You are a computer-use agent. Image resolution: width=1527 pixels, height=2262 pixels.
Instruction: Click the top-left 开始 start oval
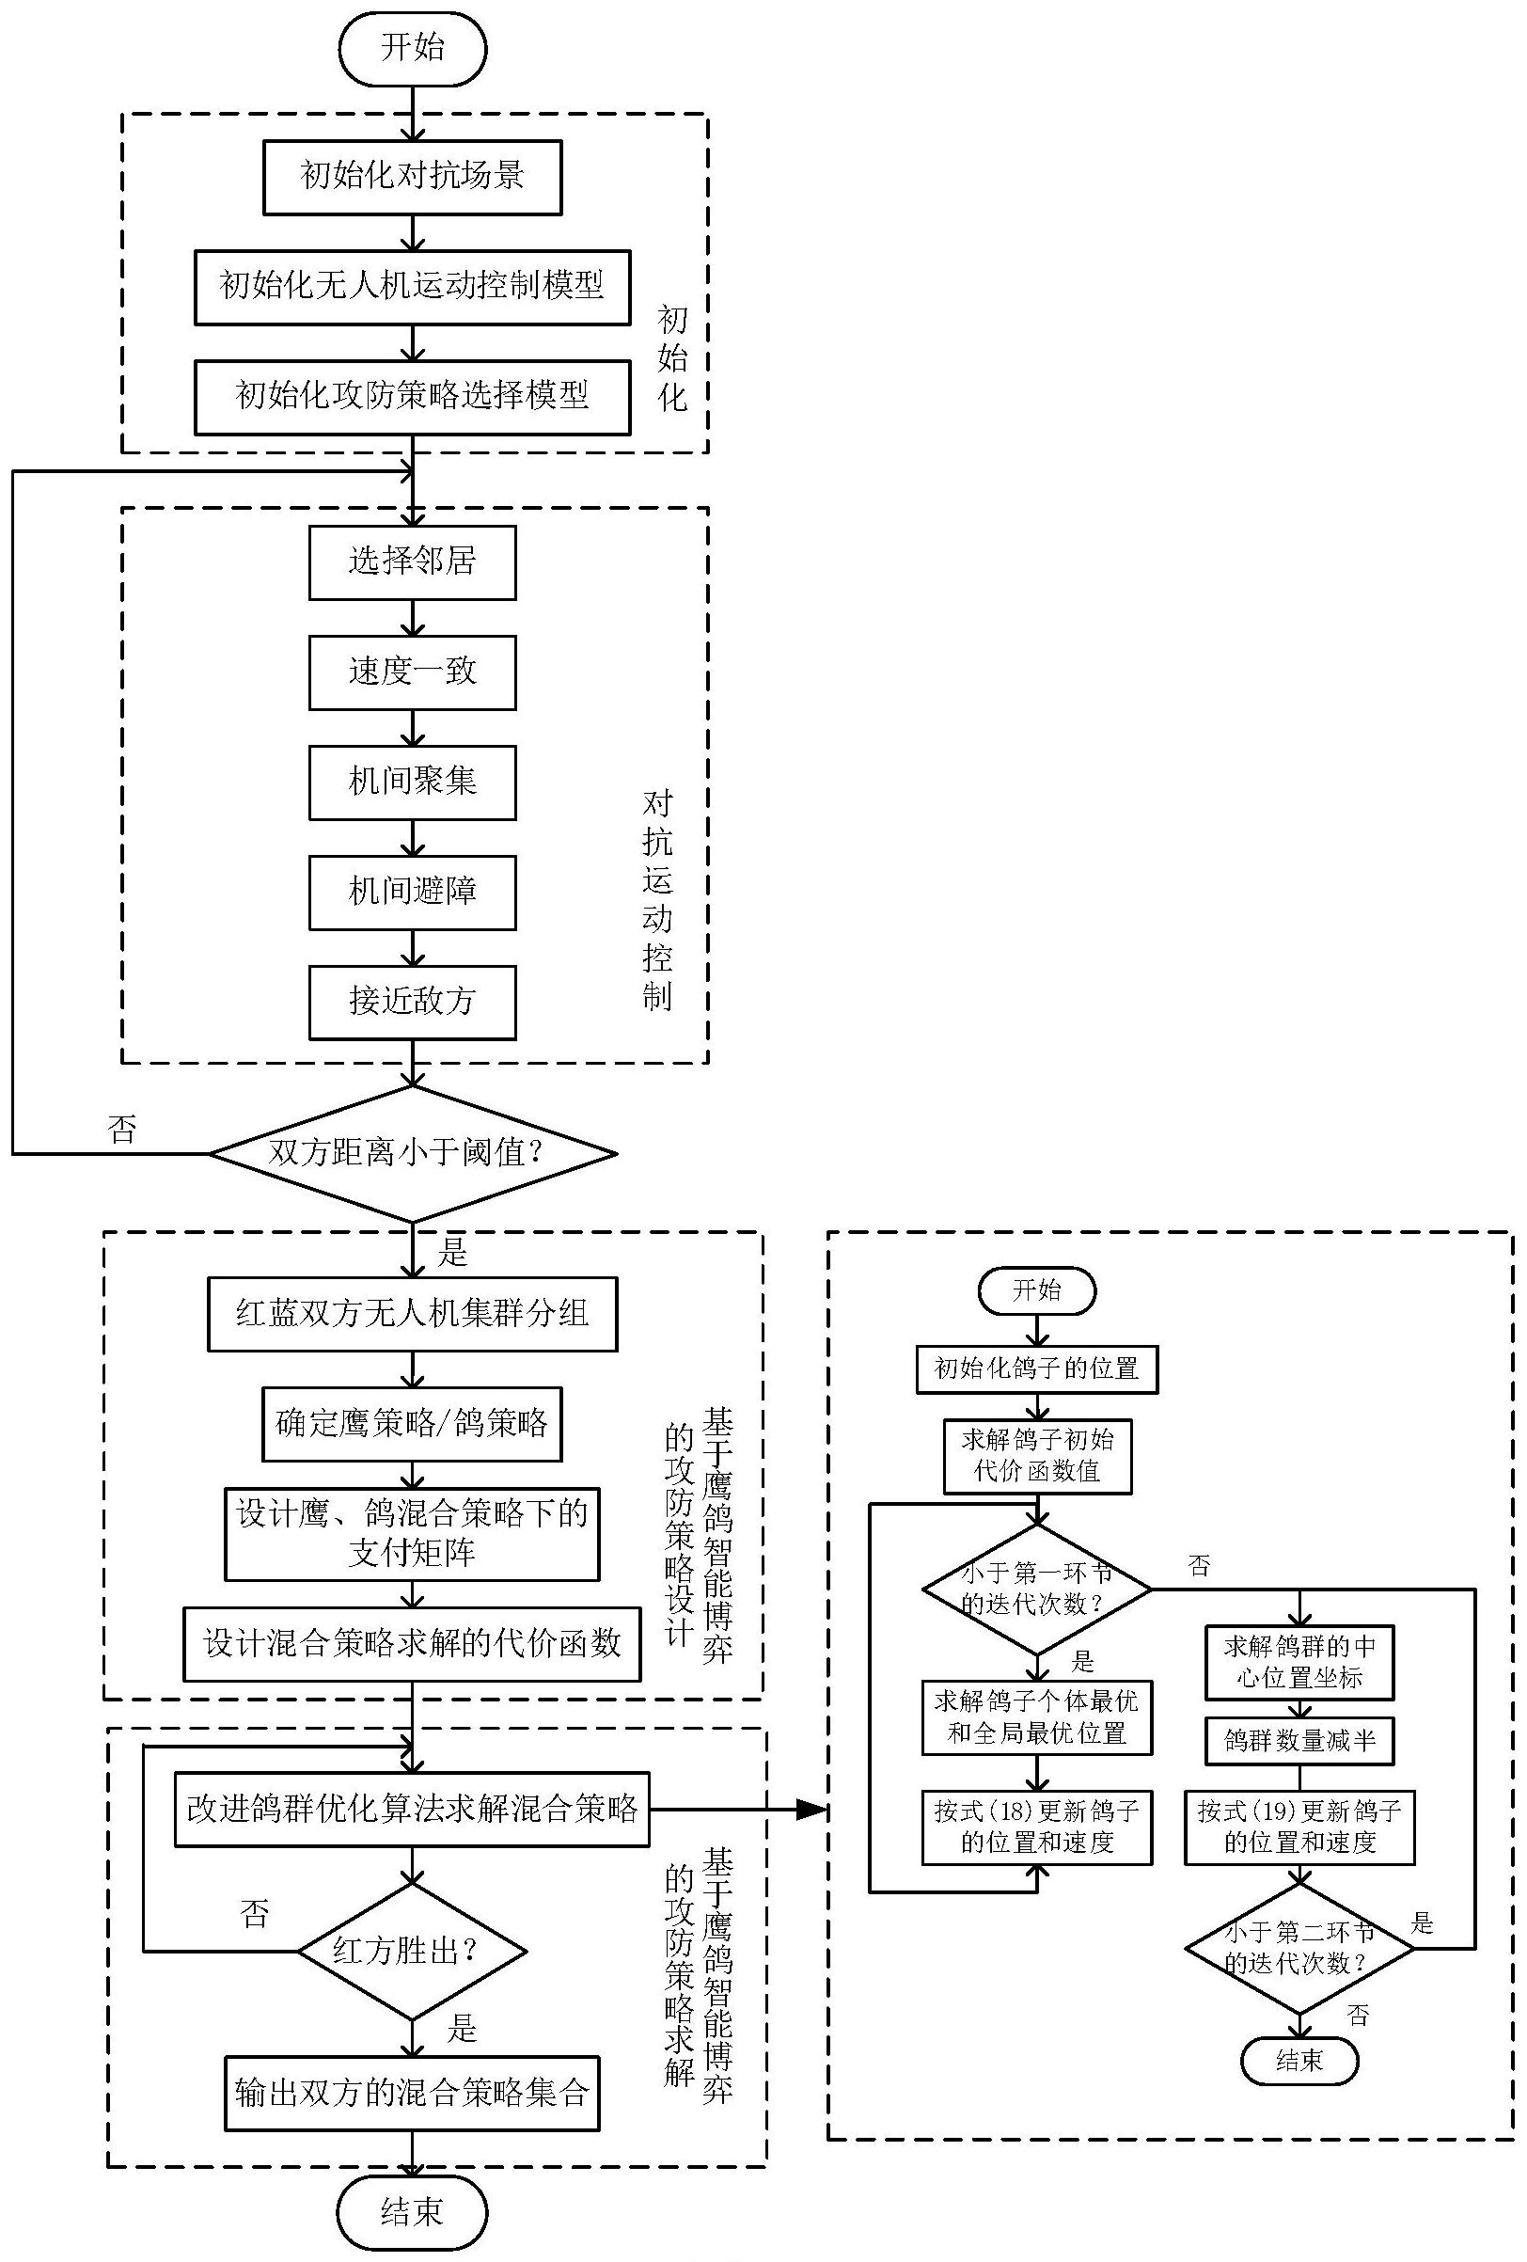(x=413, y=48)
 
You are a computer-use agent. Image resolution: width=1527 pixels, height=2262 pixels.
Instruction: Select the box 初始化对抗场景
(x=413, y=177)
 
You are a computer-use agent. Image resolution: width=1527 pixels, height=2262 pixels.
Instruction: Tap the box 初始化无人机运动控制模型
(x=413, y=287)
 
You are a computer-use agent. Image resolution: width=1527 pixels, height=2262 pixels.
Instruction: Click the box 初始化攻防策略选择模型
(x=413, y=397)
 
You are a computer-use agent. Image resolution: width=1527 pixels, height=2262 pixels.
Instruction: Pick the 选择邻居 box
(x=413, y=562)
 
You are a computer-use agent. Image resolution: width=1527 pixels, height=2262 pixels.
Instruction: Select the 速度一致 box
(x=413, y=672)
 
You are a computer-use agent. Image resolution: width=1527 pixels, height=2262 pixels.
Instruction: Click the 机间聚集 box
(x=413, y=783)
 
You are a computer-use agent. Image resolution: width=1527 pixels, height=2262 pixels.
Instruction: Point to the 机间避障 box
(x=413, y=893)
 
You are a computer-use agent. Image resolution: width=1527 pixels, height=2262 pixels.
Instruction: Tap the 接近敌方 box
(x=413, y=1003)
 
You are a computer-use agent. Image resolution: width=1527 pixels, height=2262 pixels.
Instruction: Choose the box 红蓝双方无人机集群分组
(x=413, y=1315)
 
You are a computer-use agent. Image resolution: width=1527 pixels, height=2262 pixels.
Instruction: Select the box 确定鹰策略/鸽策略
(x=413, y=1425)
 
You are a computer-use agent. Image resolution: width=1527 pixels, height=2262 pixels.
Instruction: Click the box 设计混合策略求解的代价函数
(x=413, y=1645)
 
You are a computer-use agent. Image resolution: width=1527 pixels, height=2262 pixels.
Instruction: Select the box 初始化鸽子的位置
(x=1037, y=1369)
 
